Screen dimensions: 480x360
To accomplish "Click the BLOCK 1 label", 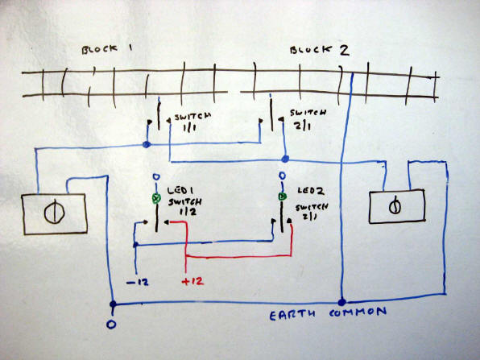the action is coord(107,50).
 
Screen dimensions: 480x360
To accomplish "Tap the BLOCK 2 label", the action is coord(320,51).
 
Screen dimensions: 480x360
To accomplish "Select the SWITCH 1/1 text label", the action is coord(192,122).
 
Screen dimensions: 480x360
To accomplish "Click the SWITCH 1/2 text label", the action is coord(185,207).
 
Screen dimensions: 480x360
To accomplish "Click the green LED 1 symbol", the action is coord(156,199).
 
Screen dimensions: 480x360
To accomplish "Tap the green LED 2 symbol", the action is coord(282,197).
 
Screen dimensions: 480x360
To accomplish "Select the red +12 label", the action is coord(192,281).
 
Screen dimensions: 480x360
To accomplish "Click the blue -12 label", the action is coord(138,282).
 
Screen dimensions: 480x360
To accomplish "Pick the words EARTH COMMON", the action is coord(328,313).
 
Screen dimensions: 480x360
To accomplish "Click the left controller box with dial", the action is coord(55,214).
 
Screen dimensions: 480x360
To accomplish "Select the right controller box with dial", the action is coord(397,207).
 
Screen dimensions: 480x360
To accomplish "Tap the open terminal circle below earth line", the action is coord(111,325).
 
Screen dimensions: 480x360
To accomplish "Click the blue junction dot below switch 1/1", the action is coord(147,144).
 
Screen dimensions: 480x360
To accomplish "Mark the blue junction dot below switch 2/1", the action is coord(285,159).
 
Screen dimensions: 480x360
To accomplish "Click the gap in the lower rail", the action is coord(234,92).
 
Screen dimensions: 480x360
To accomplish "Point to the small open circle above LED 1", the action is coord(156,177).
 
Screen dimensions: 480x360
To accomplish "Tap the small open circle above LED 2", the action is coord(282,176).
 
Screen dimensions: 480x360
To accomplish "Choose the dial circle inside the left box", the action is coord(54,212).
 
